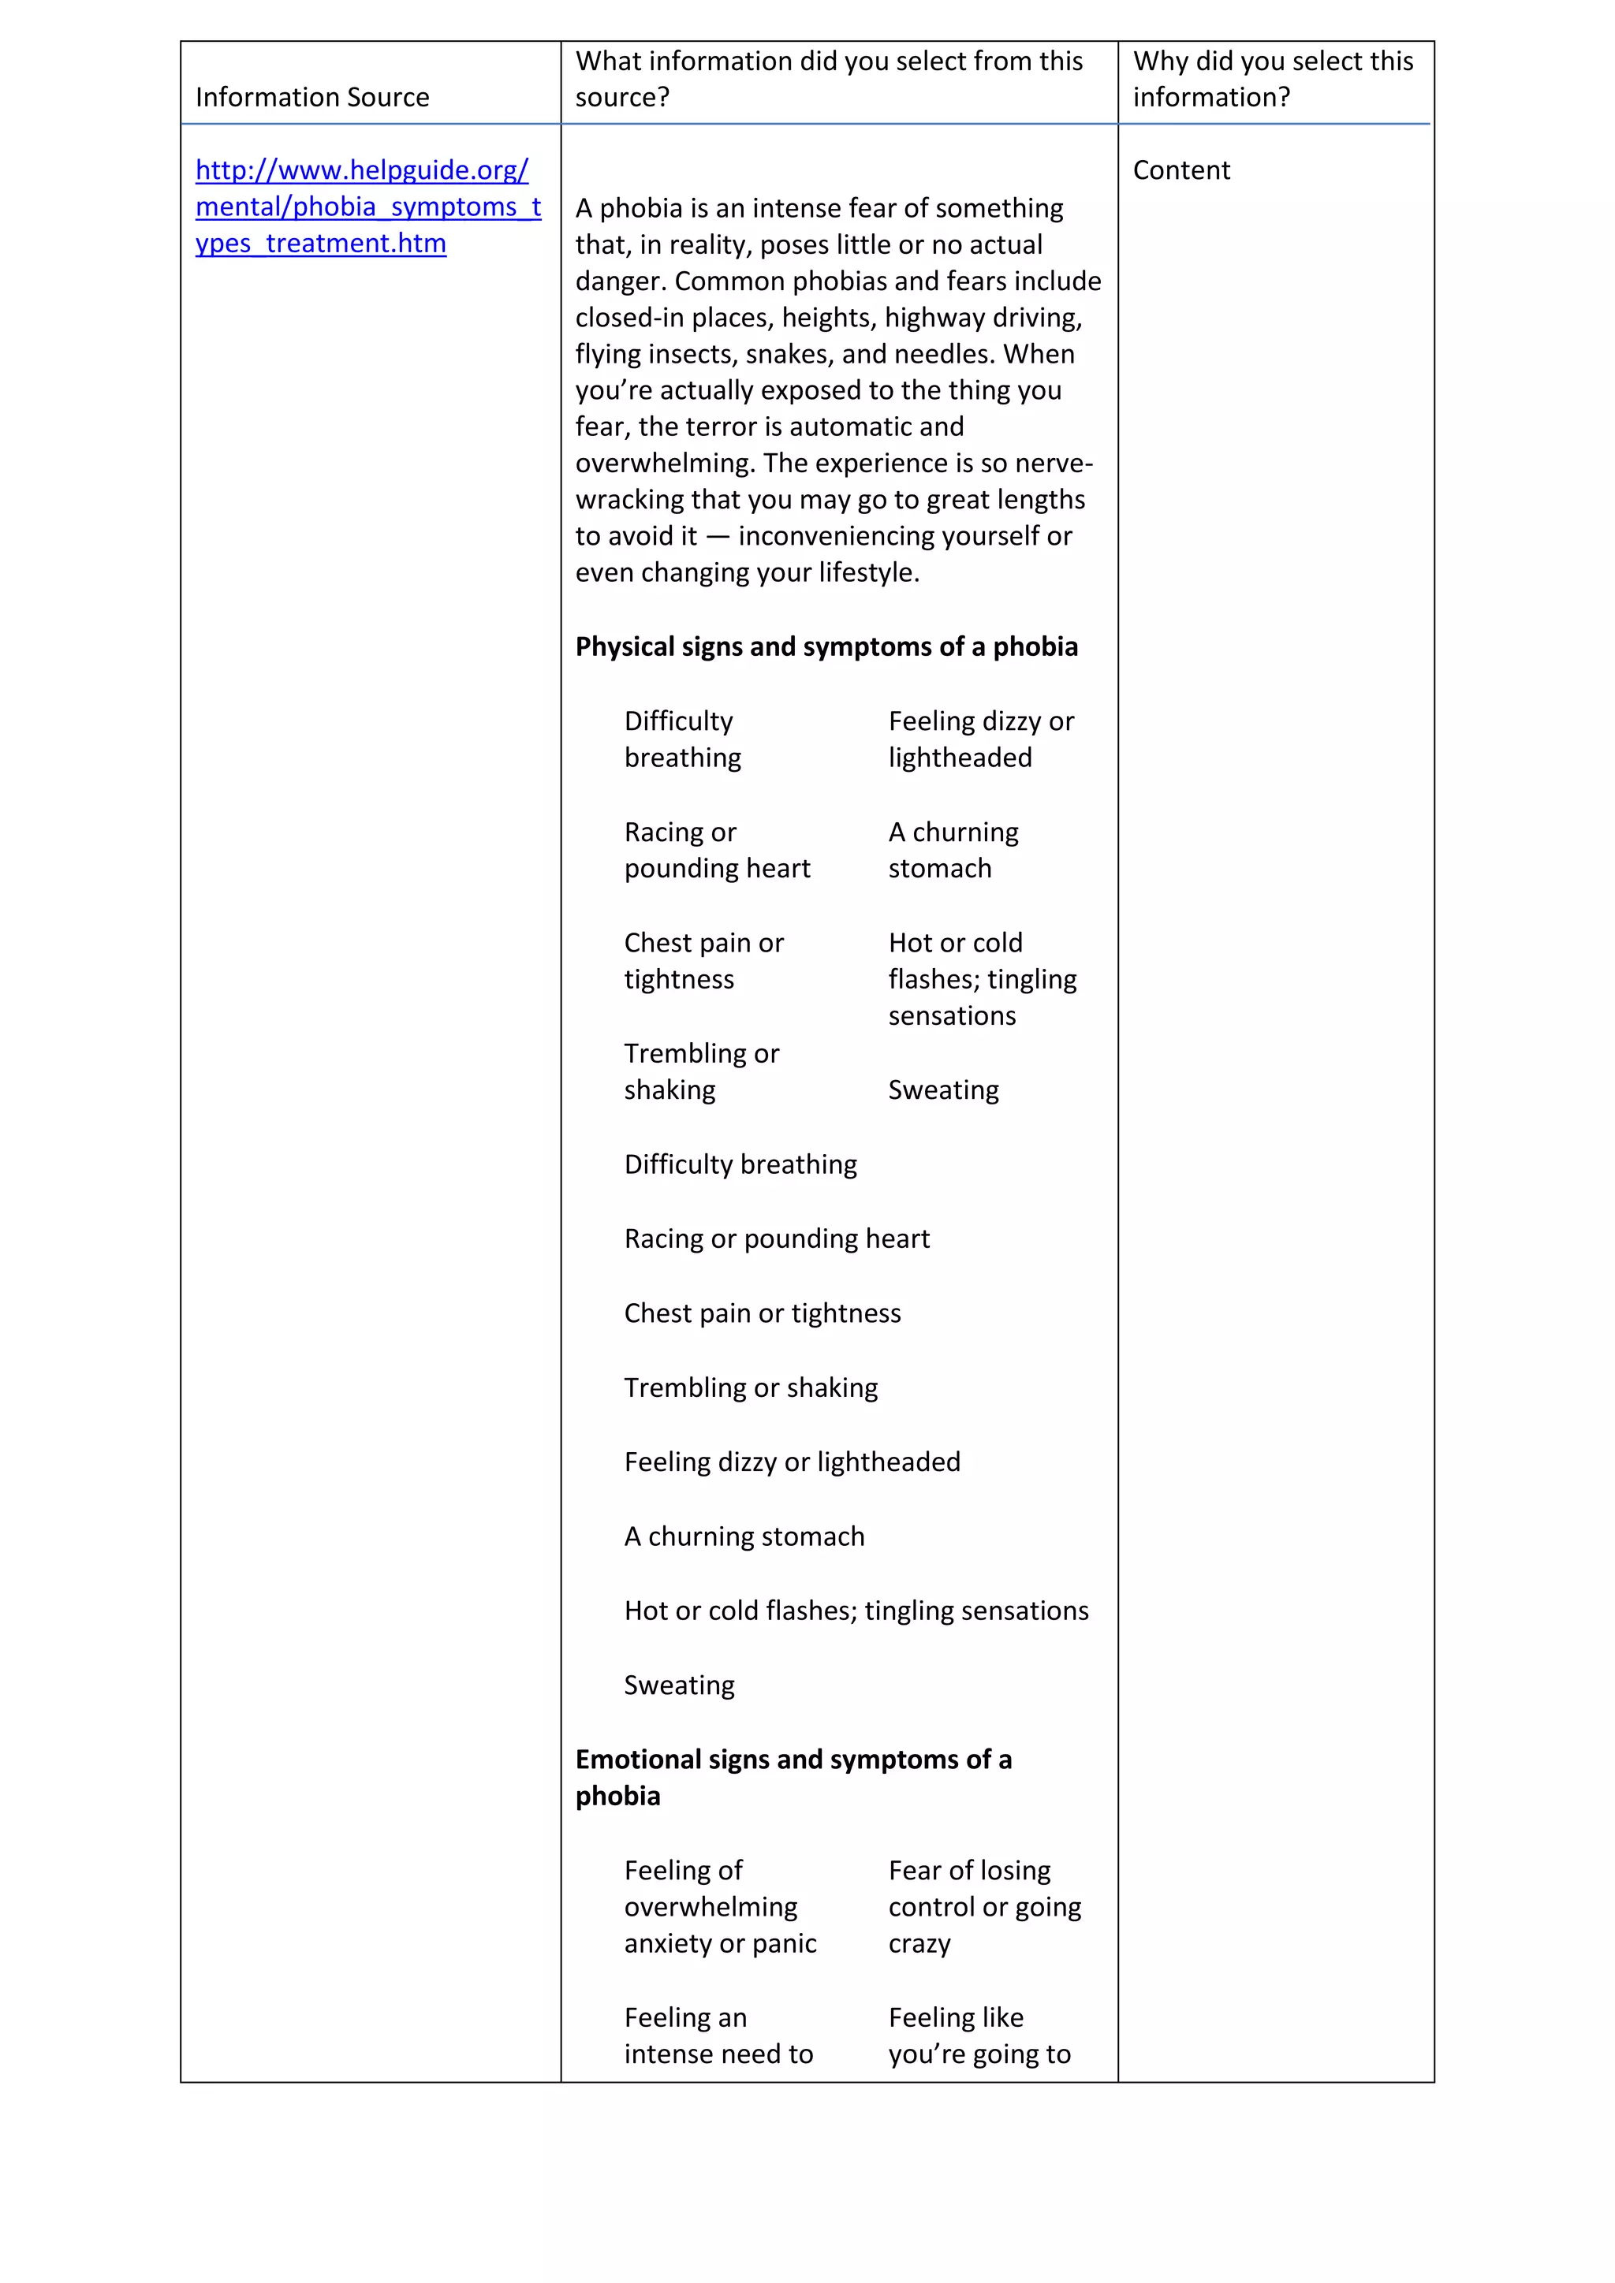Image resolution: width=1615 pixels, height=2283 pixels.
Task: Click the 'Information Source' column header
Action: pyautogui.click(x=312, y=98)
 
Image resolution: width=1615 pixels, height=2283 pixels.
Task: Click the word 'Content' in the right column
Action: pyautogui.click(x=1180, y=170)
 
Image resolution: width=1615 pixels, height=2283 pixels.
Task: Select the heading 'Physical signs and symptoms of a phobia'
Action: pyautogui.click(x=826, y=646)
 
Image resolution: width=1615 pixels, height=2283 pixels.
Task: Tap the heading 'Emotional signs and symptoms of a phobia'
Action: pyautogui.click(x=793, y=1778)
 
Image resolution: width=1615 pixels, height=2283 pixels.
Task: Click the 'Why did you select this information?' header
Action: pyautogui.click(x=1272, y=80)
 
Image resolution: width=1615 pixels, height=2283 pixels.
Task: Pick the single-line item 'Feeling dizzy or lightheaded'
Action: pyautogui.click(x=792, y=1462)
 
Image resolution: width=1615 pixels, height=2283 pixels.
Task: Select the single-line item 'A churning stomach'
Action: pyautogui.click(x=744, y=1536)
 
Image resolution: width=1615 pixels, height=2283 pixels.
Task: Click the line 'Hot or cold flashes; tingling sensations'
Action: pyautogui.click(x=856, y=1611)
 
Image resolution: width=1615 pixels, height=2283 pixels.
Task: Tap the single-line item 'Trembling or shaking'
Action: pyautogui.click(x=751, y=1387)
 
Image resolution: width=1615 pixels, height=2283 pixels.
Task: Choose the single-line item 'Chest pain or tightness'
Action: pyautogui.click(x=762, y=1313)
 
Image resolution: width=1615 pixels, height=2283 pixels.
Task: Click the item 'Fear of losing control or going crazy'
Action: pyautogui.click(x=983, y=1906)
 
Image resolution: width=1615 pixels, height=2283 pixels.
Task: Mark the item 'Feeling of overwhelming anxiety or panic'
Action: pyautogui.click(x=719, y=1906)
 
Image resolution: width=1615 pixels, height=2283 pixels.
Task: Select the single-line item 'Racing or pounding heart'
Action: pyautogui.click(x=777, y=1239)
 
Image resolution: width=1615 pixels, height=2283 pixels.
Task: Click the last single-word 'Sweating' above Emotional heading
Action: pyautogui.click(x=679, y=1685)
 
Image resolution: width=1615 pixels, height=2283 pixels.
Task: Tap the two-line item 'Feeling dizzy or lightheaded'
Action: pyautogui.click(x=980, y=739)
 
